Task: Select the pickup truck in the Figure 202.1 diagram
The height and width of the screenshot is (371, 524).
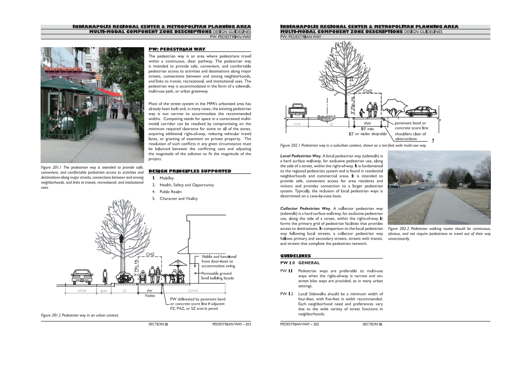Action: coord(297,110)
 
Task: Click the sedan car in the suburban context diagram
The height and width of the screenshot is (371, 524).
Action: coord(422,112)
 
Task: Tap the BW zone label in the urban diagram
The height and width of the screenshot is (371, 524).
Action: coord(104,291)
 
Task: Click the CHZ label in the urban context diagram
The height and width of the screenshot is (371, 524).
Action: coord(150,255)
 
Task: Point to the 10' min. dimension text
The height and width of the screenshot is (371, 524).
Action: coord(368,128)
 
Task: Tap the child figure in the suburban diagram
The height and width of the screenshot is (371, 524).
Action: coord(362,113)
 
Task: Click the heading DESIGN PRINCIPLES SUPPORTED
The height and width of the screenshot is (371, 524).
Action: coord(189,171)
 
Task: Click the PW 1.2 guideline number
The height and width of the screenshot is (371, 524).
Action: coord(286,294)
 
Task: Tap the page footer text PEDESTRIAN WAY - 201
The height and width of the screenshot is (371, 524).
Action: coord(231,324)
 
